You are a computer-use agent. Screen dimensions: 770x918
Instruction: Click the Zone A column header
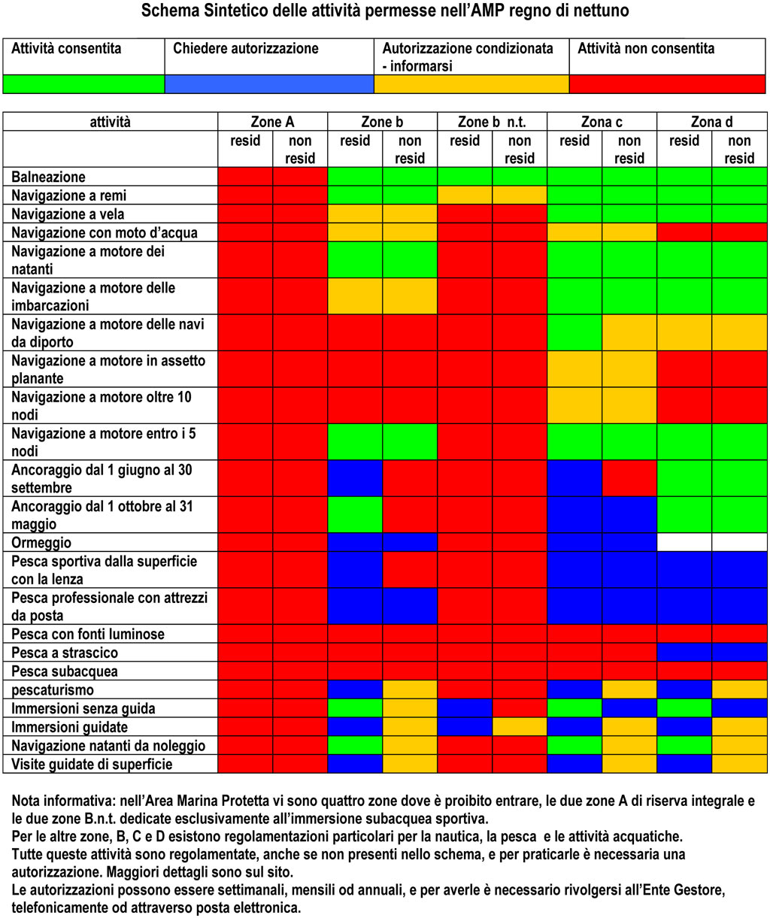272,121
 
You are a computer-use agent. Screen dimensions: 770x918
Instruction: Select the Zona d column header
711,121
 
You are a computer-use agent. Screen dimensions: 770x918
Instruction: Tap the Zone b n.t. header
492,121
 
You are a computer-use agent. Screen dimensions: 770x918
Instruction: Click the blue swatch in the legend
269,84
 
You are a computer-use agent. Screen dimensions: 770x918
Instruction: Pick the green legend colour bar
84,84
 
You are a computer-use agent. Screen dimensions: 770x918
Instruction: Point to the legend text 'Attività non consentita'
645,48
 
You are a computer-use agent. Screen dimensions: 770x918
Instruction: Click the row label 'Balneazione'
48,177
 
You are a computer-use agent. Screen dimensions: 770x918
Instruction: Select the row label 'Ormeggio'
41,543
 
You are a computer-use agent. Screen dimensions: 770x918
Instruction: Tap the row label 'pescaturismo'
53,690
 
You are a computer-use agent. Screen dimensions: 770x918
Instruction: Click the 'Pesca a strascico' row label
65,653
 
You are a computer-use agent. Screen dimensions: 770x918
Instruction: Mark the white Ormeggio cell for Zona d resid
684,543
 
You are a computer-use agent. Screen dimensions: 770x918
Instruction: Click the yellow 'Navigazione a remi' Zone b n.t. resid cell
465,195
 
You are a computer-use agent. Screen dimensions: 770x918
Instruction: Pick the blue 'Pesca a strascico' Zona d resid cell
684,652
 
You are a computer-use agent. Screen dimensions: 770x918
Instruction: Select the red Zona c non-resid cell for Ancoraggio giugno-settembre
629,478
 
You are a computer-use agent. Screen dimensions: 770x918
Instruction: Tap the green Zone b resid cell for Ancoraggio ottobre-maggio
355,515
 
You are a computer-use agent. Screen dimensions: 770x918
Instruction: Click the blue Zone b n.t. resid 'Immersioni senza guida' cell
465,707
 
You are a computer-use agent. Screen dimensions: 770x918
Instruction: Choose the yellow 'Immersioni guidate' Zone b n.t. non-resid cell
520,727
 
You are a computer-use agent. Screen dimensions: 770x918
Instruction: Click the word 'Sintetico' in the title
235,11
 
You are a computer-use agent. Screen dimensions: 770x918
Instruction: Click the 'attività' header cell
110,121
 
